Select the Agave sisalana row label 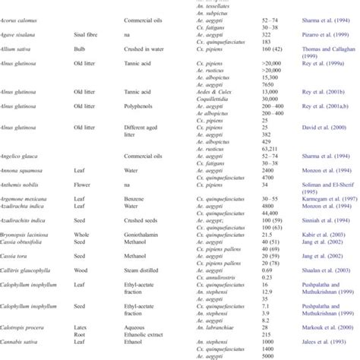21,46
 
